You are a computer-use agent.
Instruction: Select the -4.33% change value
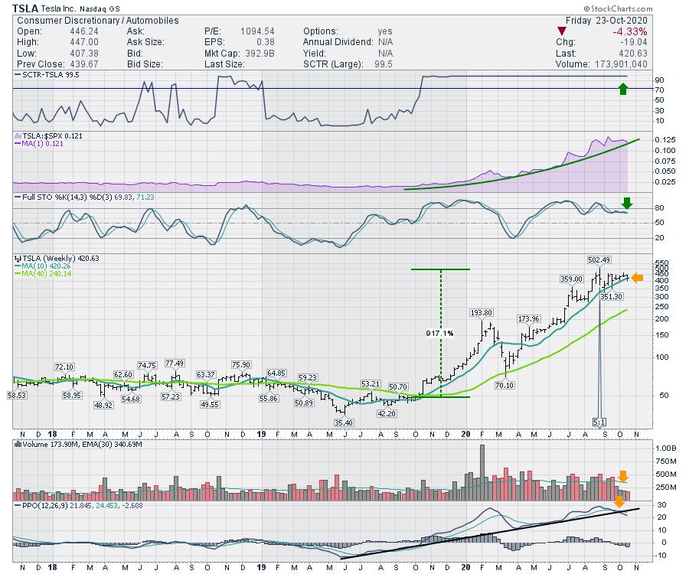tap(629, 31)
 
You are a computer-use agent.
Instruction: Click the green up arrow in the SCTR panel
tap(623, 89)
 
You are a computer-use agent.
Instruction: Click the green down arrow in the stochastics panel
tap(627, 204)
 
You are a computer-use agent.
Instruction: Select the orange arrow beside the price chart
tap(637, 278)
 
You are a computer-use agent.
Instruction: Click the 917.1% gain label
tap(440, 334)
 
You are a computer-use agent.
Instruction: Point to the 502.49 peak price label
tap(601, 259)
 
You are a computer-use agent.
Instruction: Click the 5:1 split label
tap(600, 422)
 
